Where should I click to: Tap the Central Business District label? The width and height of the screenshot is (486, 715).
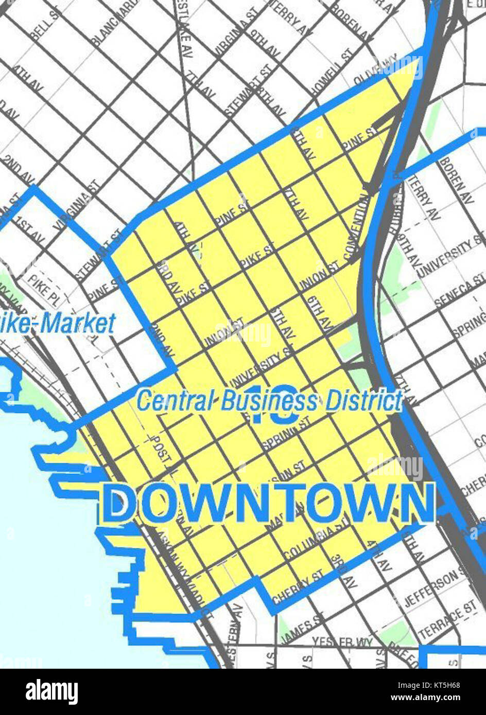tap(269, 401)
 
